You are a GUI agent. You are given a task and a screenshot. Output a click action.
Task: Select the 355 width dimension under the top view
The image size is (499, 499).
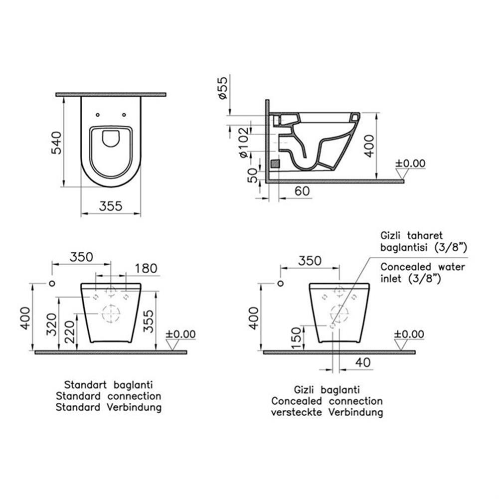coord(111,206)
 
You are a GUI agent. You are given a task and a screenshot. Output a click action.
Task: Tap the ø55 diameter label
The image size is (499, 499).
coord(223,88)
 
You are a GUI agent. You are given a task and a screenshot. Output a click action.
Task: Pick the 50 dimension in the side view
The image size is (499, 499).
coord(253,175)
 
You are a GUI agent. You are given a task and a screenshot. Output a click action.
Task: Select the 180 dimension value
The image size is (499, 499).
coord(146,268)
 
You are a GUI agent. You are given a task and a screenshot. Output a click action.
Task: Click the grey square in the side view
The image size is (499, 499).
coord(274,163)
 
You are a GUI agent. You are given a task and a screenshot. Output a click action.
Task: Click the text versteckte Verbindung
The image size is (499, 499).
coord(327,412)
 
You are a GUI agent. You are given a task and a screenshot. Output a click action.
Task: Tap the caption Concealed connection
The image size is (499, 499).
coord(327,401)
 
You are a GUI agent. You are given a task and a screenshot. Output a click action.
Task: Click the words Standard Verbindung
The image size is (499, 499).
coord(108,407)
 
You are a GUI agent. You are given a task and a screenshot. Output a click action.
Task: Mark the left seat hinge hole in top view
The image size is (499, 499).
coord(98,114)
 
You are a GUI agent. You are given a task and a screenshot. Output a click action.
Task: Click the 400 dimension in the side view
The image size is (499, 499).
coord(369,145)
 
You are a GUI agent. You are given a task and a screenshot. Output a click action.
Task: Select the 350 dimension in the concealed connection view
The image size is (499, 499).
coord(310,261)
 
